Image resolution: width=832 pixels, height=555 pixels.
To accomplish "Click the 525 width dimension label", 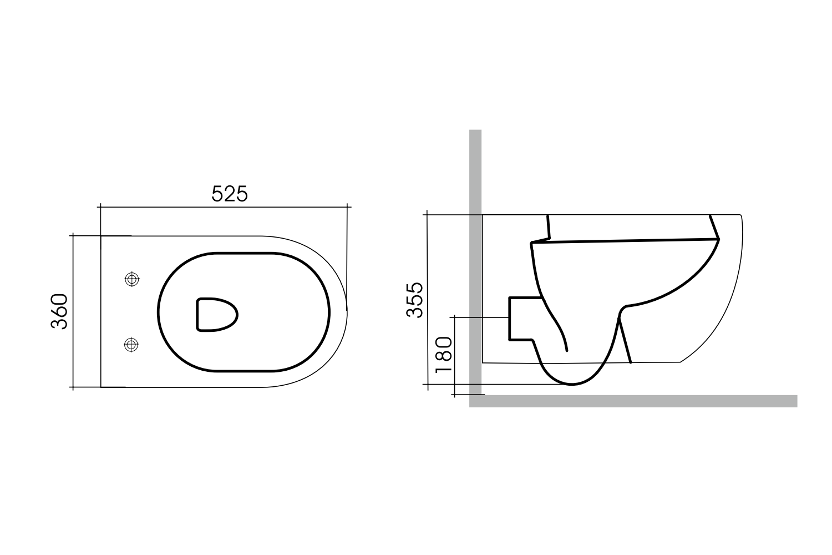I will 229,194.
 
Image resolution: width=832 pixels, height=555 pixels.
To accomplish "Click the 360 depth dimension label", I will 59,311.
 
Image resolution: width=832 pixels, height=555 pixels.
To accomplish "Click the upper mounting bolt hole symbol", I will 131,279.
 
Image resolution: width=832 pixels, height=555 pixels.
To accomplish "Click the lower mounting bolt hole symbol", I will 131,345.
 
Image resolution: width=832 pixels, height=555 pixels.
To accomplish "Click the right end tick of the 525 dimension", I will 348,207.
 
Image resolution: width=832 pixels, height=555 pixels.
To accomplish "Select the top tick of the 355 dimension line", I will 427,214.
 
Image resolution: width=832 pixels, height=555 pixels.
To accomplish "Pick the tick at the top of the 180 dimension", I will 454,317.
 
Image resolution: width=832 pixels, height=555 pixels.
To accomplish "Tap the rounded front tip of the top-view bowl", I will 347,311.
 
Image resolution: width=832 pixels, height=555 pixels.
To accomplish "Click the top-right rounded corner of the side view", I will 740,218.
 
